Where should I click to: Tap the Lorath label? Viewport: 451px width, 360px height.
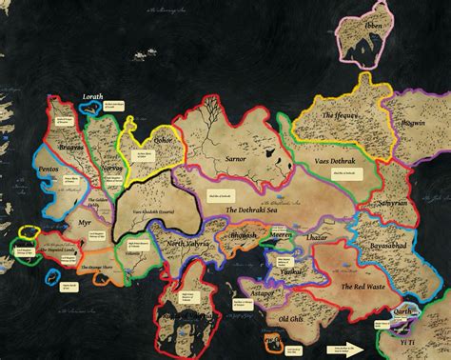(x=93, y=96)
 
